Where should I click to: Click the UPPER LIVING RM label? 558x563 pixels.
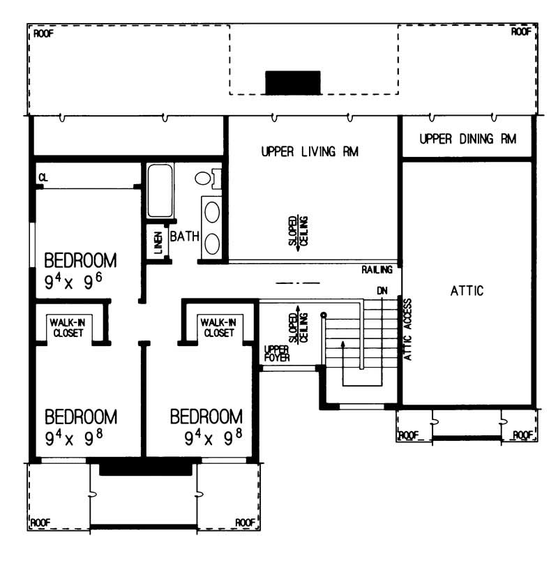310,151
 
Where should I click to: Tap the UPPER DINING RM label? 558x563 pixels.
468,139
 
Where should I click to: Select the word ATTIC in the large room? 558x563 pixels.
467,291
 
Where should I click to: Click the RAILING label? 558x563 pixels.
377,269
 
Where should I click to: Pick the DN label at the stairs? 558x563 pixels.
381,290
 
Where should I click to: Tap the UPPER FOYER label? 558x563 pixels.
276,354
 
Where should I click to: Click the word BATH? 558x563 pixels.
185,238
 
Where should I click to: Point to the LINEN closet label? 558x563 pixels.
158,243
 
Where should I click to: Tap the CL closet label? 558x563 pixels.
43,178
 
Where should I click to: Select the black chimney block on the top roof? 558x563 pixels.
292,82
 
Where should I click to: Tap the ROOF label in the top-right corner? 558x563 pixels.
521,32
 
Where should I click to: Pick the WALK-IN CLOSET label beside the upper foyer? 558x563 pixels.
218,327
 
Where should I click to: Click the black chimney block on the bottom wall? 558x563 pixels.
145,469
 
